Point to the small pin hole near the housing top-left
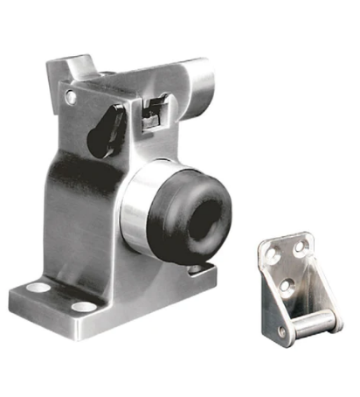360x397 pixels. coord(71,99)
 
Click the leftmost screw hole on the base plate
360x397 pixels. coord(38,287)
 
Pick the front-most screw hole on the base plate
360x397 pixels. coord(83,307)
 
